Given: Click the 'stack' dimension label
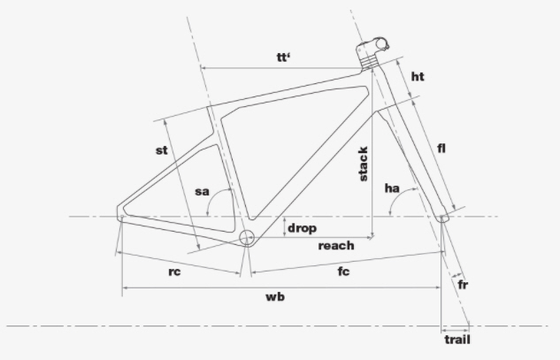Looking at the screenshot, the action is (x=363, y=164).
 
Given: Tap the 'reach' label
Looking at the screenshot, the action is (x=336, y=246).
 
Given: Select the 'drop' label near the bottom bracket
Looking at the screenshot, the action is (x=302, y=228).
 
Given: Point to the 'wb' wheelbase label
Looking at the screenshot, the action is (x=275, y=297).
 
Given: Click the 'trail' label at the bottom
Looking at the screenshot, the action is (x=457, y=340).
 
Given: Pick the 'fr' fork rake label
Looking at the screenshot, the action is (x=463, y=285).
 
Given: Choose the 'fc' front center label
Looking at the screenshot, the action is (x=343, y=272).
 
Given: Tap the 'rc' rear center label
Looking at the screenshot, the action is (x=174, y=272).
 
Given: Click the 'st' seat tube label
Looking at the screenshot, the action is (x=161, y=150).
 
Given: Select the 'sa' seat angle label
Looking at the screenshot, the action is (x=202, y=192).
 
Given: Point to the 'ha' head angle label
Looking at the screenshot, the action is (x=392, y=188).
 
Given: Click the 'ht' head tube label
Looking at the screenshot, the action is (x=418, y=76).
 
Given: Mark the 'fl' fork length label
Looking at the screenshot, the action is (x=441, y=148).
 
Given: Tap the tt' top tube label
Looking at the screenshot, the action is (x=284, y=57).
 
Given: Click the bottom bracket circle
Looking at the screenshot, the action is (x=246, y=237).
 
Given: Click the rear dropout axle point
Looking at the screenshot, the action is (x=122, y=217).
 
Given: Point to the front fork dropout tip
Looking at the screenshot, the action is (x=442, y=218).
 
